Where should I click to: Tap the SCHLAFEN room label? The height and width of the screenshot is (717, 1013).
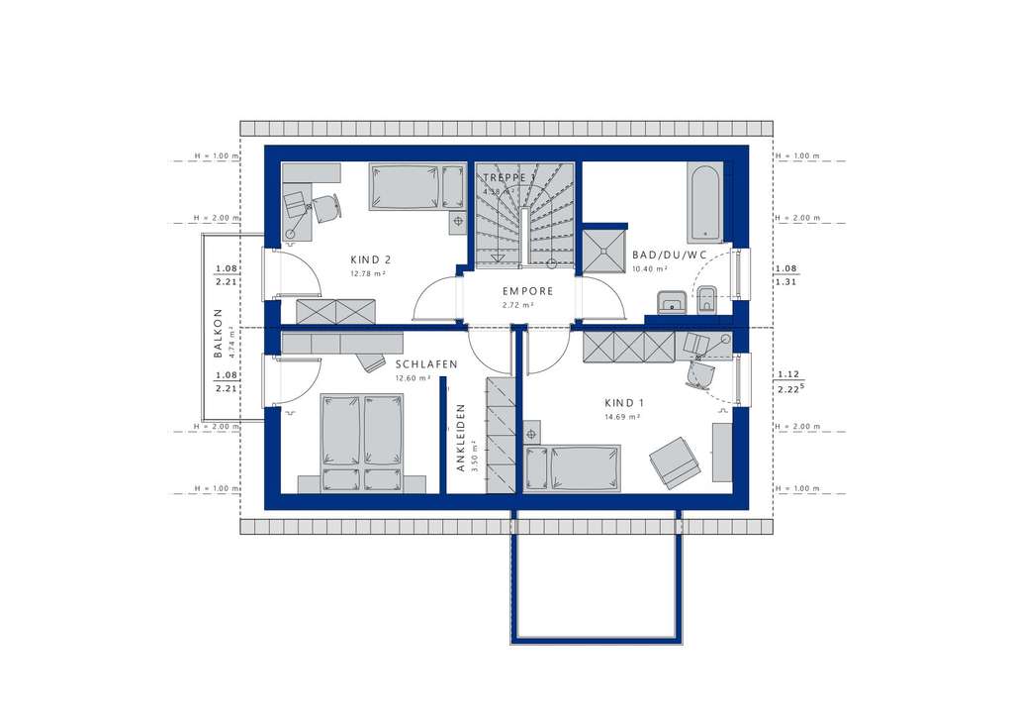pos(425,364)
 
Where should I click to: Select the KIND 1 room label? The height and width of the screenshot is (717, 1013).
pos(624,403)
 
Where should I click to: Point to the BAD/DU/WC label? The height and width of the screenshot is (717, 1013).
pos(670,256)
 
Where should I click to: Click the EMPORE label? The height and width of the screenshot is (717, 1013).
pos(526,291)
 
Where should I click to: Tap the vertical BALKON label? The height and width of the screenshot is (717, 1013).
pos(217,332)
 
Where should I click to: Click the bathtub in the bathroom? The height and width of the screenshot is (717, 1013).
pos(704,203)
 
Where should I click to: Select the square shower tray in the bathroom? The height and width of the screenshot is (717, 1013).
pos(603,251)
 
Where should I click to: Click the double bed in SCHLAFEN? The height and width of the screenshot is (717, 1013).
pos(361,442)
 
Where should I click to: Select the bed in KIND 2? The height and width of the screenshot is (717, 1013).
pos(406,186)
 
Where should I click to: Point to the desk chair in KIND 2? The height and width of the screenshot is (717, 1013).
pos(325,208)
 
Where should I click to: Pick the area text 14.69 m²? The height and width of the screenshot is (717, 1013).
pos(623,417)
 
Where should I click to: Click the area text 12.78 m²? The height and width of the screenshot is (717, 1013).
pos(366,273)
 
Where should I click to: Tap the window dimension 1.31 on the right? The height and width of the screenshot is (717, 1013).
pos(786,282)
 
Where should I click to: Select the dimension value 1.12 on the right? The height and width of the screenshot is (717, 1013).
pos(787,374)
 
